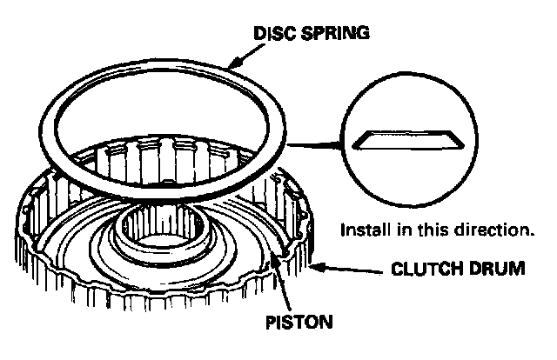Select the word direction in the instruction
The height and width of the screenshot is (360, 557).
click(496, 231)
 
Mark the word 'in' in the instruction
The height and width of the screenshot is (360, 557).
click(408, 231)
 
